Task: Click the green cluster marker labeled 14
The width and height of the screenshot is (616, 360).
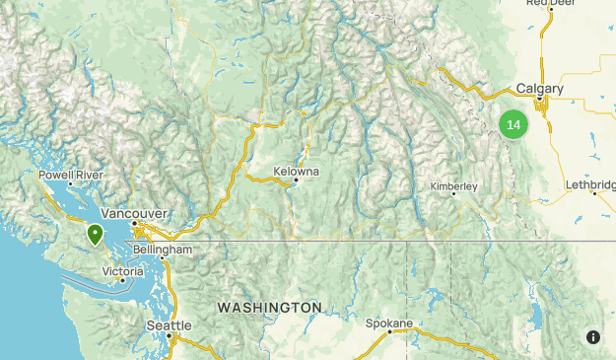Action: (513, 124)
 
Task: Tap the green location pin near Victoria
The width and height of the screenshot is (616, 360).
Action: (96, 234)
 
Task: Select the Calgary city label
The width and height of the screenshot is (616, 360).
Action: (539, 89)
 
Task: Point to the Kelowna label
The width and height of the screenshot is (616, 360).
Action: (297, 171)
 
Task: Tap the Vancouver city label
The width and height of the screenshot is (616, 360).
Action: (134, 212)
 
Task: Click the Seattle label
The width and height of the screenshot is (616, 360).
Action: (169, 324)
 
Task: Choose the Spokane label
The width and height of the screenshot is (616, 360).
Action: (387, 322)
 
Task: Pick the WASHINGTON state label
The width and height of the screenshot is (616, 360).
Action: (269, 308)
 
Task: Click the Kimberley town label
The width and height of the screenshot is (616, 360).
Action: (453, 185)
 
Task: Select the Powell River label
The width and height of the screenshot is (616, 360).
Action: (71, 175)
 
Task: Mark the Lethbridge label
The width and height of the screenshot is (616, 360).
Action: (591, 184)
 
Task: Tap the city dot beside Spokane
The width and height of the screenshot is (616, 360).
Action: (389, 331)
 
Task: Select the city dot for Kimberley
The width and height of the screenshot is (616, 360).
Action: (453, 194)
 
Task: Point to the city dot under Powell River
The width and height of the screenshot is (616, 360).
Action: (71, 184)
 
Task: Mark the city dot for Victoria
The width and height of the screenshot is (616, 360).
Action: (122, 280)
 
